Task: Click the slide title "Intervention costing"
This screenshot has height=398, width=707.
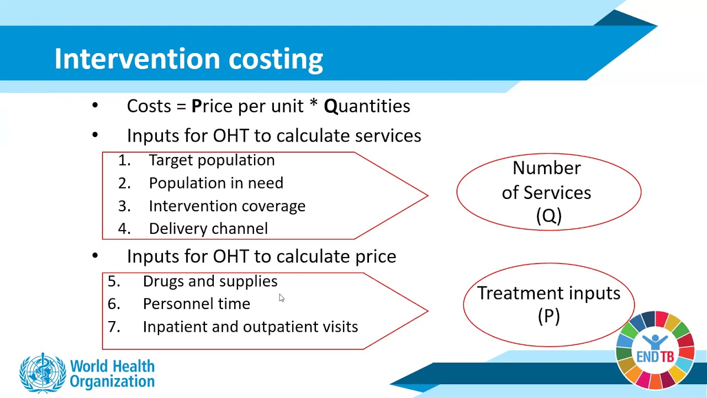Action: pyautogui.click(x=188, y=59)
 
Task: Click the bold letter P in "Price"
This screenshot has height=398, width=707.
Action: pyautogui.click(x=196, y=106)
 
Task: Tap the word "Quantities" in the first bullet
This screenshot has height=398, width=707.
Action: pyautogui.click(x=367, y=106)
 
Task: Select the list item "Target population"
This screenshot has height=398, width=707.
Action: pyautogui.click(x=212, y=160)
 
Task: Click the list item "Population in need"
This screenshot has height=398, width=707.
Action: pyautogui.click(x=216, y=183)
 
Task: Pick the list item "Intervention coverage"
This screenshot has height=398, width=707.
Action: pyautogui.click(x=227, y=206)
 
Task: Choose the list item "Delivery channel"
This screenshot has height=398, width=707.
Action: pyautogui.click(x=208, y=229)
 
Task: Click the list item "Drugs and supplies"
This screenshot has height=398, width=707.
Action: pyautogui.click(x=210, y=281)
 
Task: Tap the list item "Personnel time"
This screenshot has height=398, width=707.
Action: pyautogui.click(x=196, y=304)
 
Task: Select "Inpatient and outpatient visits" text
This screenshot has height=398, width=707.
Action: pyautogui.click(x=250, y=327)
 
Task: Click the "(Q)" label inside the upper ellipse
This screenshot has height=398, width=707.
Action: pyautogui.click(x=548, y=216)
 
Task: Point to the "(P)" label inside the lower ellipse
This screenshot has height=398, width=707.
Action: pyautogui.click(x=548, y=316)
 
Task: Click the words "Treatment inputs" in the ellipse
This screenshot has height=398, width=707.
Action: pyautogui.click(x=548, y=293)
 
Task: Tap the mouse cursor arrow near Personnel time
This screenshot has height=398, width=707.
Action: pyautogui.click(x=281, y=298)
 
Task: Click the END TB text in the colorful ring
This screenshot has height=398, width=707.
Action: pyautogui.click(x=655, y=357)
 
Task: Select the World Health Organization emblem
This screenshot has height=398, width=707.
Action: pyautogui.click(x=42, y=373)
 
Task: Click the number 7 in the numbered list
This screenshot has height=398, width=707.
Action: pyautogui.click(x=113, y=327)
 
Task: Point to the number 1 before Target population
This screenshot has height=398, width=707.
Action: pyautogui.click(x=123, y=160)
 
